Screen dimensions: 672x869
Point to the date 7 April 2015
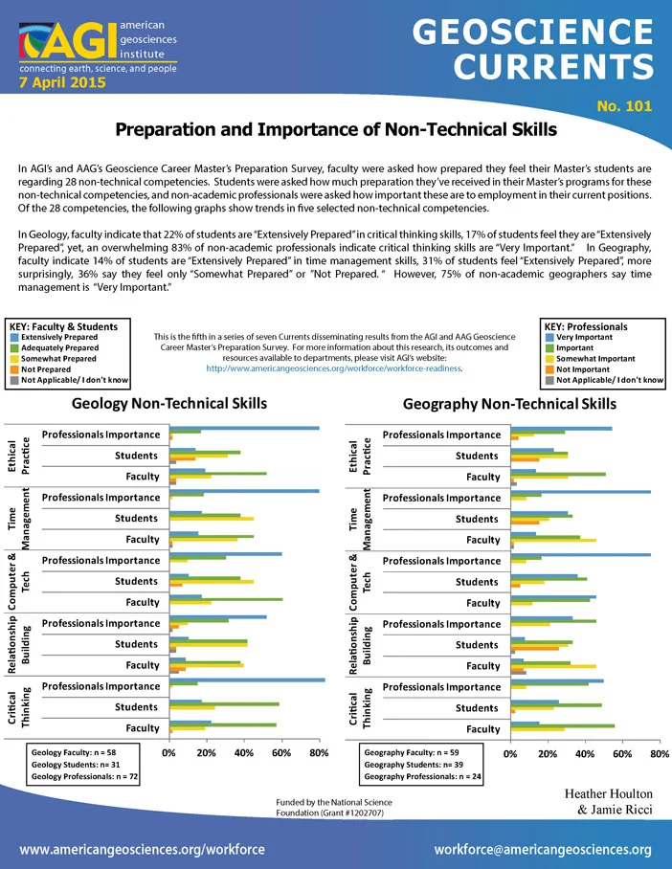(x=62, y=82)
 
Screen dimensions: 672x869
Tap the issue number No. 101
(x=624, y=106)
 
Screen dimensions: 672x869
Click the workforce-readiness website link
(x=334, y=368)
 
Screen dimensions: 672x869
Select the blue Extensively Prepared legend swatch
(x=14, y=337)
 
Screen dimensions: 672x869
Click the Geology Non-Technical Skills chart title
(x=169, y=404)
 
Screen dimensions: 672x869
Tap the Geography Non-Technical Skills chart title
(x=509, y=404)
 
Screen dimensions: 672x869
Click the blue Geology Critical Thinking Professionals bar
(x=247, y=680)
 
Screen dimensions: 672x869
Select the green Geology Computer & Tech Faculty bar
(x=226, y=599)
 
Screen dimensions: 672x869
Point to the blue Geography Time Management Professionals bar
(x=580, y=492)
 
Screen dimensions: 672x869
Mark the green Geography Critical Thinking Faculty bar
(x=562, y=725)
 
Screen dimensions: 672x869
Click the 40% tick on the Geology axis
(x=244, y=752)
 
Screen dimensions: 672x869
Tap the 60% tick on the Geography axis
(x=622, y=754)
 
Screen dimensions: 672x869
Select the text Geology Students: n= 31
(x=76, y=765)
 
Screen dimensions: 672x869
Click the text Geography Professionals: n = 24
(x=422, y=777)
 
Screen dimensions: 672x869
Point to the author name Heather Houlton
(x=608, y=793)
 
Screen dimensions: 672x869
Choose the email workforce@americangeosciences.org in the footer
(x=543, y=850)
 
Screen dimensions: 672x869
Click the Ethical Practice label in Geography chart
(x=359, y=457)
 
